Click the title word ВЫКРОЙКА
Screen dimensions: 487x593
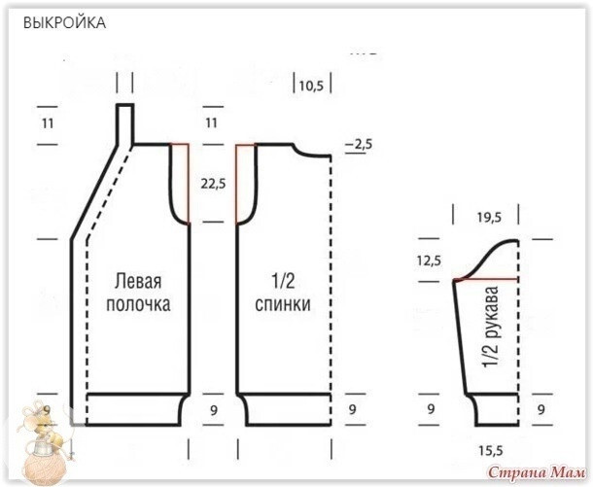pos(65,21)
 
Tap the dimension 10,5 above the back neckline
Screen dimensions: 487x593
pos(311,86)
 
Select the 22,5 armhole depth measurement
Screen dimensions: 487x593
pos(213,182)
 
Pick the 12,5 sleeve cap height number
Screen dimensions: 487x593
pos(429,261)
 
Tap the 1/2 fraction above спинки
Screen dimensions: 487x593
pos(285,282)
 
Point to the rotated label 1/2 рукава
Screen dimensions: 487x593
pos(492,327)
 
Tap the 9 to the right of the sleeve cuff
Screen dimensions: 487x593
pos(540,409)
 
